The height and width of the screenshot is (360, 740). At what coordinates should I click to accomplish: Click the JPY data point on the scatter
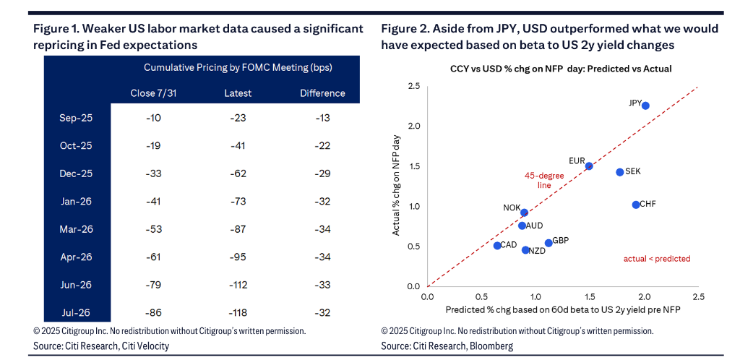(x=645, y=106)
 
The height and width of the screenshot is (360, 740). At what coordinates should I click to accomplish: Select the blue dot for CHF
(x=636, y=205)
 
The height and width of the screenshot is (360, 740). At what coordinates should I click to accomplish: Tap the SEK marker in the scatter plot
(x=620, y=172)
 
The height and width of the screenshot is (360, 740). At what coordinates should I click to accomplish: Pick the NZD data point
(x=525, y=250)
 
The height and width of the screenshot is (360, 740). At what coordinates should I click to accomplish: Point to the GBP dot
(x=548, y=243)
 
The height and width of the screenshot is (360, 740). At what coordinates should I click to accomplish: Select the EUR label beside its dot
(x=576, y=160)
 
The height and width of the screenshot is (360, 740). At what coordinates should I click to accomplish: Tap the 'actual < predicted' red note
(x=657, y=259)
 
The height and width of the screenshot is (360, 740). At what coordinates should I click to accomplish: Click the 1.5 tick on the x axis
(x=590, y=296)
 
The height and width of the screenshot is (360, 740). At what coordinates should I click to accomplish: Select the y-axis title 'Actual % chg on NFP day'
(x=397, y=186)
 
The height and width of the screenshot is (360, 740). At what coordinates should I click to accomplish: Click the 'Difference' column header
(x=322, y=93)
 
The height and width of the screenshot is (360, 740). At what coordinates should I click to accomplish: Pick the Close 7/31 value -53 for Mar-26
(x=153, y=229)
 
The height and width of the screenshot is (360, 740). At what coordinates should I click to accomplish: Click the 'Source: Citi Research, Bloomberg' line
(x=447, y=346)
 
